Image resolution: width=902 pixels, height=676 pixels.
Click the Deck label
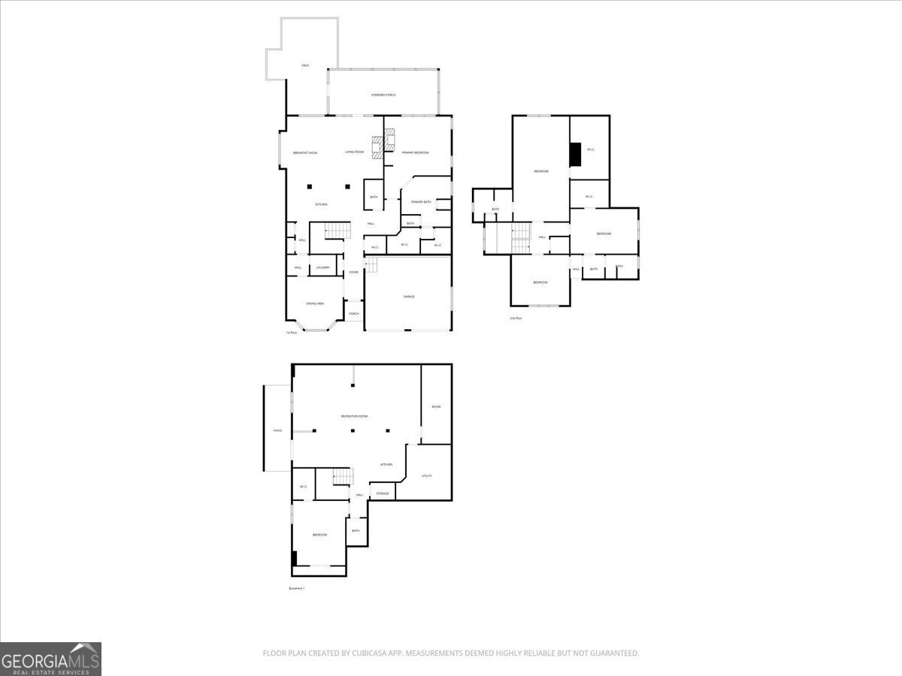coord(305,66)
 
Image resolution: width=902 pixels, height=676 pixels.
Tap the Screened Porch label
coord(383,95)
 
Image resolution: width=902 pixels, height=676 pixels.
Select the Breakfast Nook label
coord(305,152)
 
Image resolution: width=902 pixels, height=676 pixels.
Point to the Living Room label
coord(355,152)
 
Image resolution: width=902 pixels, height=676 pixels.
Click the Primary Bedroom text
coord(415,152)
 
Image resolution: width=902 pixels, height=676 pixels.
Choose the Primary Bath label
coord(421,201)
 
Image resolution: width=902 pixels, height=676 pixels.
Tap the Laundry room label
coord(323,267)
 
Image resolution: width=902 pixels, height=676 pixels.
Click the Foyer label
coord(353,272)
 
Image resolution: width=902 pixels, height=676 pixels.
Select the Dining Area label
coord(315,303)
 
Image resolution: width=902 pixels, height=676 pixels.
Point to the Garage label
coord(409,297)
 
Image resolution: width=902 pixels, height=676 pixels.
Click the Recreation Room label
coord(354,416)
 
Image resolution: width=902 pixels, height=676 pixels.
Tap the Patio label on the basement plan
coord(277,430)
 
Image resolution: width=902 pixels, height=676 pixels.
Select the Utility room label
coord(426,475)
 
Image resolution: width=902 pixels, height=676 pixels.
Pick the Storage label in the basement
coord(383,493)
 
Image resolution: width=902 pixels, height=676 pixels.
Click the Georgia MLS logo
coord(50,659)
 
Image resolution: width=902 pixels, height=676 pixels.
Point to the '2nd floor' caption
coord(516,318)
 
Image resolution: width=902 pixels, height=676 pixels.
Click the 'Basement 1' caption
coord(297,588)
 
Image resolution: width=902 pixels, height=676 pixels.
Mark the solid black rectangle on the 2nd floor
coord(575,154)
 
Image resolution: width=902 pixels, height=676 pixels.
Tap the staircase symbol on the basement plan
coord(343,476)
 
